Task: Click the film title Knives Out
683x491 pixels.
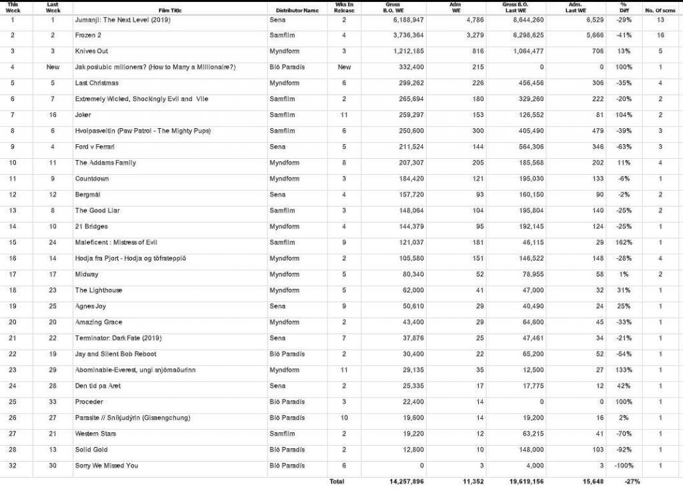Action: click(x=91, y=51)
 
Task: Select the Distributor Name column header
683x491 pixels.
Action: click(x=297, y=11)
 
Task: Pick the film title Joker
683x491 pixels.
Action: click(x=83, y=115)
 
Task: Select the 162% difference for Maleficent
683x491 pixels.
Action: click(x=625, y=242)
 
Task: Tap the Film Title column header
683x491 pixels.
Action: click(x=170, y=11)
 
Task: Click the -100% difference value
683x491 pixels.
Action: click(x=624, y=465)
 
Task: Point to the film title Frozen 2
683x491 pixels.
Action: click(x=87, y=35)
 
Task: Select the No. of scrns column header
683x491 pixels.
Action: click(x=660, y=11)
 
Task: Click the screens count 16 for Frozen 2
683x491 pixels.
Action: click(x=660, y=35)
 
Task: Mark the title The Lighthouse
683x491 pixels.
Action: click(x=99, y=290)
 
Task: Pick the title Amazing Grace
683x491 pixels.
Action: click(x=99, y=322)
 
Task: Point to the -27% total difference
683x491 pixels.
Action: click(x=624, y=481)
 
